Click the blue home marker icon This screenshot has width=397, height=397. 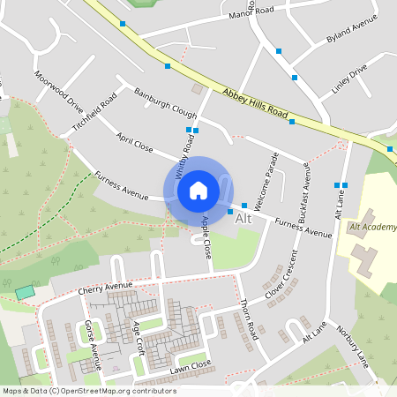click(198, 190)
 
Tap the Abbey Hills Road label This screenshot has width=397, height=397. click(256, 103)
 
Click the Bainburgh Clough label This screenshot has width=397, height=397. click(165, 104)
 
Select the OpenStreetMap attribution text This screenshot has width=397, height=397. click(88, 391)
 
